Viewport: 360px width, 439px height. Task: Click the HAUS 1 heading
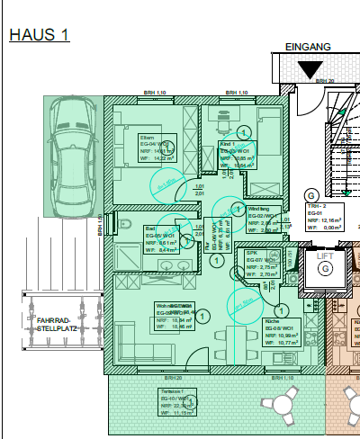(39, 35)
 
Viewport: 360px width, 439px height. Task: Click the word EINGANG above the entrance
(308, 46)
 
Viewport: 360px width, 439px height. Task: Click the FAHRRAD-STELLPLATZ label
(57, 323)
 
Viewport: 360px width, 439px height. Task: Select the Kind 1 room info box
(236, 154)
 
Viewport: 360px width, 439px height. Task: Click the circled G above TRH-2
(310, 193)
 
